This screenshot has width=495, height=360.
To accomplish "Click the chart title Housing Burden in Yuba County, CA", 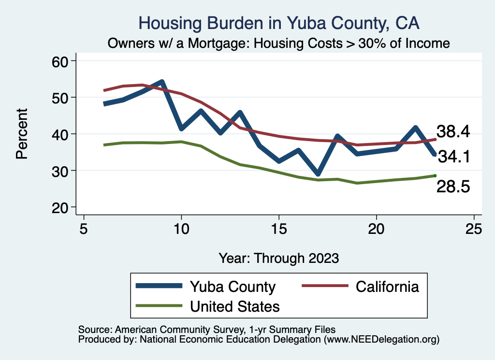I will [279, 23].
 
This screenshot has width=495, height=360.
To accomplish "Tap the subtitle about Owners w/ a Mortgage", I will [279, 43].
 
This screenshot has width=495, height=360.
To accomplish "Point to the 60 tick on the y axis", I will [63, 61].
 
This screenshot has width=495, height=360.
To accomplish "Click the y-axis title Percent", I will [21, 134].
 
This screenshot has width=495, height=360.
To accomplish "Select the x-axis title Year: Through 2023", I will [279, 258].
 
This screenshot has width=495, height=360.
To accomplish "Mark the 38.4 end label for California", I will [453, 131].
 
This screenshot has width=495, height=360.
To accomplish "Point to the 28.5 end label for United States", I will [453, 187].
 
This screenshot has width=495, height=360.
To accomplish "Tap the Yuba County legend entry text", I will [233, 287].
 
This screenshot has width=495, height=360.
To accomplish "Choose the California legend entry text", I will [387, 287].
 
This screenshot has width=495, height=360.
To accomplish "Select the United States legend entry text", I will [235, 306].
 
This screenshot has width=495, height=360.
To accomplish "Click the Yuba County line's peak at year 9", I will [162, 82].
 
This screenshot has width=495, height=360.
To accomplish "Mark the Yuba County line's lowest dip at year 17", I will [318, 173].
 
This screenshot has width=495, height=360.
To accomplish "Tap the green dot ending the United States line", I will [435, 176].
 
